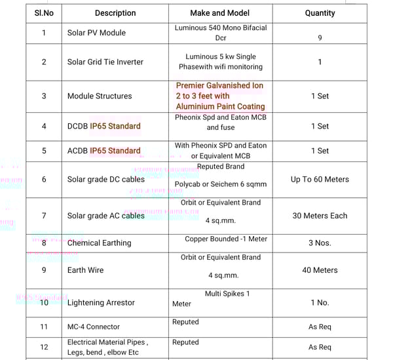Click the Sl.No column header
[44, 13]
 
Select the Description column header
[115, 13]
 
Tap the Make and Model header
[220, 13]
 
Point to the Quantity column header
[320, 13]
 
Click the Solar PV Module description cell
[96, 33]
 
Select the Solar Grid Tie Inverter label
[105, 62]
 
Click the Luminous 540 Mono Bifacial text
[221, 28]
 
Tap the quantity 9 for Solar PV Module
[320, 38]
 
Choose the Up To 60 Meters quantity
[320, 180]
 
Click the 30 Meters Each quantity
[320, 216]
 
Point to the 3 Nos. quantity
[320, 243]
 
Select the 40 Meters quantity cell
[320, 270]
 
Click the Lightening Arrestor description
[101, 303]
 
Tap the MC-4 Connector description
[94, 327]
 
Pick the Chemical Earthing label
[99, 243]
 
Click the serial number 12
[44, 347]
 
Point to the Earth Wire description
[86, 270]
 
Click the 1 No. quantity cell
[320, 303]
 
